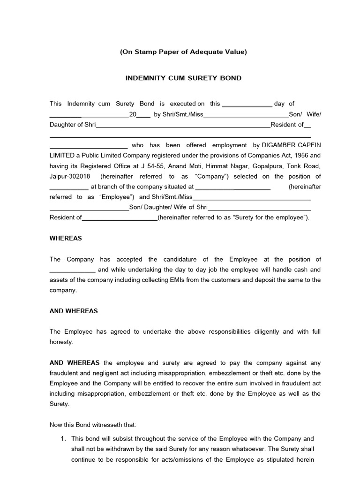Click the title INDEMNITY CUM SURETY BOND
coord(183,78)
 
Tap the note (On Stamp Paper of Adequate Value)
coord(183,52)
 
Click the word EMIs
coord(181,280)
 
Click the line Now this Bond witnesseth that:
coord(93,425)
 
